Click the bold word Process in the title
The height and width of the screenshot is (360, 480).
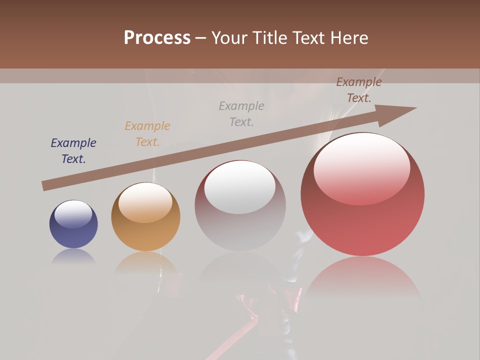pyautogui.click(x=157, y=38)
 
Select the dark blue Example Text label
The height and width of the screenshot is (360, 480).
pyautogui.click(x=73, y=151)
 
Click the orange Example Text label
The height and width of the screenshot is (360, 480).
pyautogui.click(x=147, y=134)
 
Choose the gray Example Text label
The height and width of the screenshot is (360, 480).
pyautogui.click(x=241, y=113)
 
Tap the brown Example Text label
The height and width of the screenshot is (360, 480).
pyautogui.click(x=359, y=90)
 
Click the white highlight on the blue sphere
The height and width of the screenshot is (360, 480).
pyautogui.click(x=73, y=214)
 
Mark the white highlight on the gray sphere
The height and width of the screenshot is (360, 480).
pyautogui.click(x=240, y=187)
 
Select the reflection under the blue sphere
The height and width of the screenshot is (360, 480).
pyautogui.click(x=73, y=256)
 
